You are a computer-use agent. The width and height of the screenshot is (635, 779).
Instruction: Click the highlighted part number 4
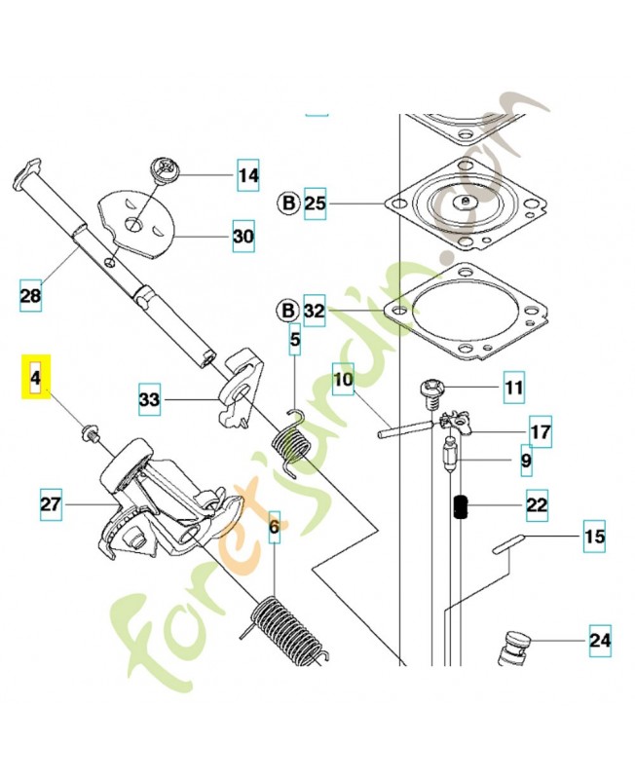pyautogui.click(x=36, y=377)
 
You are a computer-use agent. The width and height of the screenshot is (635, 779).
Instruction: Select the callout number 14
pyautogui.click(x=248, y=176)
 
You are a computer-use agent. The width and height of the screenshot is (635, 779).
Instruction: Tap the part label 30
pyautogui.click(x=243, y=236)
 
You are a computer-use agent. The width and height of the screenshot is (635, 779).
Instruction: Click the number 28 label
pyautogui.click(x=31, y=295)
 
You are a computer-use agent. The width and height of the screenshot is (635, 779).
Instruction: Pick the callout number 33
pyautogui.click(x=149, y=399)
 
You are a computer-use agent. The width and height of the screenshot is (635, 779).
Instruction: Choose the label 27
pyautogui.click(x=52, y=504)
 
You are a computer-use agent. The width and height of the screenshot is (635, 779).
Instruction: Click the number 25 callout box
pyautogui.click(x=316, y=204)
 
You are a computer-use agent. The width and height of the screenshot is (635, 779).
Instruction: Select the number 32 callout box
pyautogui.click(x=316, y=312)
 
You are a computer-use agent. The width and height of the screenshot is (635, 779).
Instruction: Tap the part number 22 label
pyautogui.click(x=536, y=505)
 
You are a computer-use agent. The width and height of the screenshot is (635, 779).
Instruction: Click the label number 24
pyautogui.click(x=599, y=640)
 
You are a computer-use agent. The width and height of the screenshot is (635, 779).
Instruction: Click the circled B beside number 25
pyautogui.click(x=288, y=204)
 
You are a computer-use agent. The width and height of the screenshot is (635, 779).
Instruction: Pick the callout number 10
pyautogui.click(x=343, y=378)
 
